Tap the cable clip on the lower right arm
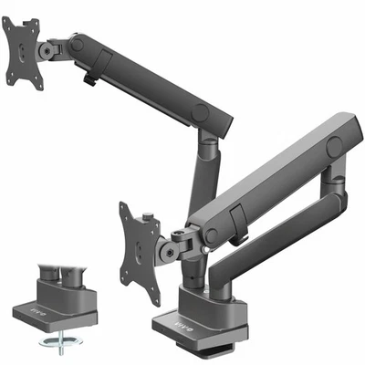coord(235,220)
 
